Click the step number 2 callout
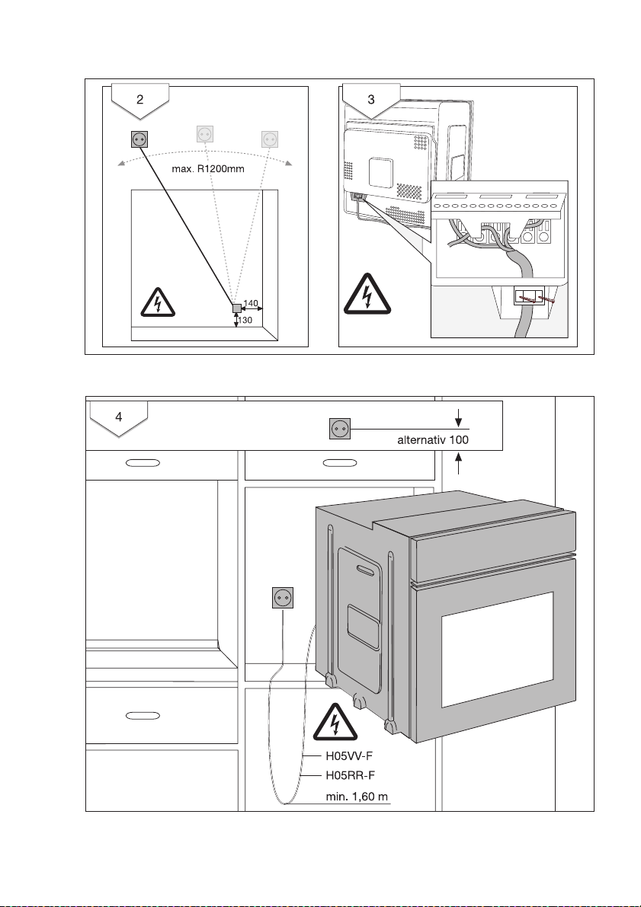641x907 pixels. [x=139, y=99]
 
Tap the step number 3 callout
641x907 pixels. [x=370, y=99]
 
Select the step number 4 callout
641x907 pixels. [x=118, y=417]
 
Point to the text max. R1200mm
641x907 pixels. [x=208, y=168]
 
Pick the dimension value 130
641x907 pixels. [x=245, y=321]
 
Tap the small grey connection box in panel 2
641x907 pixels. [x=236, y=308]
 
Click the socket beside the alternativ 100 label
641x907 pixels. [x=339, y=429]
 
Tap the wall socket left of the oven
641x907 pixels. [x=283, y=598]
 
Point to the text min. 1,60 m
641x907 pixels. [x=357, y=797]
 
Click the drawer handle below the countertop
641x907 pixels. [x=143, y=716]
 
